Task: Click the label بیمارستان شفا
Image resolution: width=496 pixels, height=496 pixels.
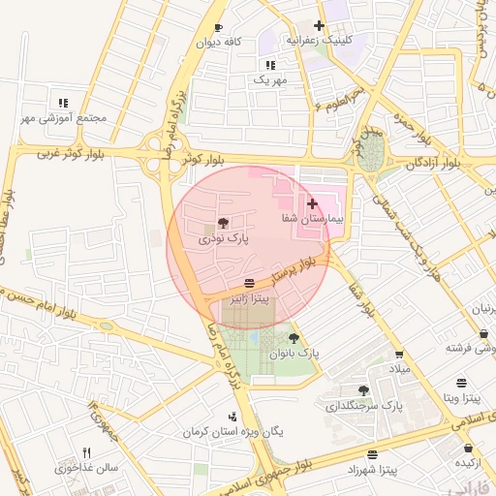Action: point(309,220)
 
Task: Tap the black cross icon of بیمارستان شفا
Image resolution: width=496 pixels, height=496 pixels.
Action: point(312,204)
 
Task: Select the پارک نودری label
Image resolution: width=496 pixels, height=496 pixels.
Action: point(224,237)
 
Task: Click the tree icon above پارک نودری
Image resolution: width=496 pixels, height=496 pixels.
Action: point(224,223)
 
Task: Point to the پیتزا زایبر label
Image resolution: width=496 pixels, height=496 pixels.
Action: point(250,299)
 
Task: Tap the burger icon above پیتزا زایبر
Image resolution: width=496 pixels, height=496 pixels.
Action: point(250,283)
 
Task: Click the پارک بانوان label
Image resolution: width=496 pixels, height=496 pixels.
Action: point(295,355)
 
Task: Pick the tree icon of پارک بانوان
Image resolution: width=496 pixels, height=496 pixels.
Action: point(294,338)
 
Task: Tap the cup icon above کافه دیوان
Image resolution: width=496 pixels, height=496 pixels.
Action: point(218,27)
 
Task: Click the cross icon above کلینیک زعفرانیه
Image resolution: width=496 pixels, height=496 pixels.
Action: point(319,25)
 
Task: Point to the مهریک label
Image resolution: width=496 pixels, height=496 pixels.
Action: point(271,80)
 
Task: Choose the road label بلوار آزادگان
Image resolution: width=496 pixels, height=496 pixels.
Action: point(432,163)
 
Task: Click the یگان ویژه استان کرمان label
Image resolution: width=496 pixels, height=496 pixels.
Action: point(232,430)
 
